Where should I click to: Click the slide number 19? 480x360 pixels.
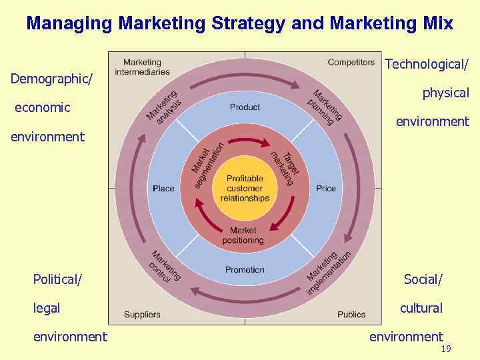coord(446,349)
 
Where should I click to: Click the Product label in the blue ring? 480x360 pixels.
coord(245,107)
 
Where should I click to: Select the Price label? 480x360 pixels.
coord(326,189)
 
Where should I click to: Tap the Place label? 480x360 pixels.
coord(163,189)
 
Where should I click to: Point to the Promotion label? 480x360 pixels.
coord(245,270)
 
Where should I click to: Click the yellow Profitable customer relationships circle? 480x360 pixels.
coord(245,189)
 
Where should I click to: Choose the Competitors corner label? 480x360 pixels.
coord(351,63)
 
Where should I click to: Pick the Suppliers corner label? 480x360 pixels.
coord(142,314)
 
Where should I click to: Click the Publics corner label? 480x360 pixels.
coord(351,314)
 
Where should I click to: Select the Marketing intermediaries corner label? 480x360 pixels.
coord(142,67)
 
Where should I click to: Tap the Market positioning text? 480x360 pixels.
coord(243,235)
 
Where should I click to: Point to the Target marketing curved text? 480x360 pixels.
coord(283,165)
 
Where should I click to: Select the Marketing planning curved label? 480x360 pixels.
coord(325,105)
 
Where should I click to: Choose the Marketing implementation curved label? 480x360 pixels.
coord(328,272)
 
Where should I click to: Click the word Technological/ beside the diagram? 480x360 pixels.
coord(427,64)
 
